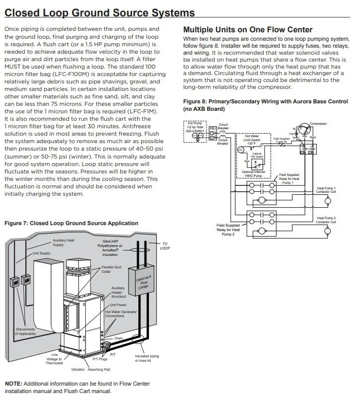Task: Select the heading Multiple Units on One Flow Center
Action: [x=248, y=30]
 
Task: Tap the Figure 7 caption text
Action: [x=71, y=223]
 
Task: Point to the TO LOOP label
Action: [x=165, y=245]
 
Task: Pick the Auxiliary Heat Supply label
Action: [x=63, y=242]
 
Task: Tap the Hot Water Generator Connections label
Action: [x=121, y=314]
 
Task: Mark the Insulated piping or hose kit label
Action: [x=147, y=358]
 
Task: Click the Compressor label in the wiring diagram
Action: [x=318, y=123]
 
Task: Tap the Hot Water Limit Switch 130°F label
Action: [x=254, y=140]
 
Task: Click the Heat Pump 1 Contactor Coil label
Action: [x=326, y=190]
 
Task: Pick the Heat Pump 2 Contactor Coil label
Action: [x=326, y=220]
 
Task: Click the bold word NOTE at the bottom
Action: [x=13, y=384]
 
